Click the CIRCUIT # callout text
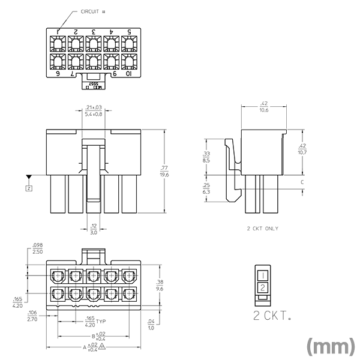click(x=92, y=11)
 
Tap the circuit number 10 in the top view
click(x=129, y=74)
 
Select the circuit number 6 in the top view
click(x=58, y=74)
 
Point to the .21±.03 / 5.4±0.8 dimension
click(x=93, y=110)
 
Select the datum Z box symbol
click(x=29, y=188)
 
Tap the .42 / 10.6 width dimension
click(x=263, y=107)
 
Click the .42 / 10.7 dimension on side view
click(x=302, y=149)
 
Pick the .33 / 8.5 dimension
click(x=206, y=157)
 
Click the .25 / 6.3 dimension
click(x=206, y=190)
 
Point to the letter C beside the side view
click(x=302, y=182)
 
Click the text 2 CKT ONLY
click(x=263, y=229)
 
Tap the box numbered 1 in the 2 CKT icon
click(x=263, y=275)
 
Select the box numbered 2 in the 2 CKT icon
click(x=263, y=288)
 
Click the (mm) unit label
click(x=330, y=347)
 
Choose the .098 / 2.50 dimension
click(x=37, y=248)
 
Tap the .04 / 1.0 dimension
click(x=151, y=325)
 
